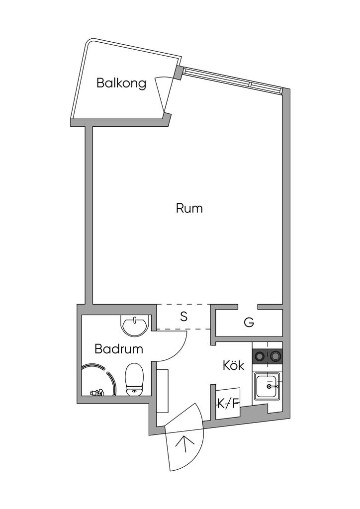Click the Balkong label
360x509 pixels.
[x=121, y=84]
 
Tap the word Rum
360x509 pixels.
[x=189, y=208]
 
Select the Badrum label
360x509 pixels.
[x=119, y=349]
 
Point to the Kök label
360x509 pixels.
[x=233, y=365]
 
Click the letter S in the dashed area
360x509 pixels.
[x=184, y=317]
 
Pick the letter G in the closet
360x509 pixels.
[x=249, y=323]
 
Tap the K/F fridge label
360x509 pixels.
[x=228, y=404]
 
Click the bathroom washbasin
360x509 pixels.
[x=135, y=326]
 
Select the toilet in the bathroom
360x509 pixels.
[x=134, y=379]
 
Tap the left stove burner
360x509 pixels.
[x=260, y=356]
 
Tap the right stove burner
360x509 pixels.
[x=275, y=356]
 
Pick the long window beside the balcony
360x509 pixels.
[x=232, y=81]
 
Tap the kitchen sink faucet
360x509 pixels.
[x=272, y=386]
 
